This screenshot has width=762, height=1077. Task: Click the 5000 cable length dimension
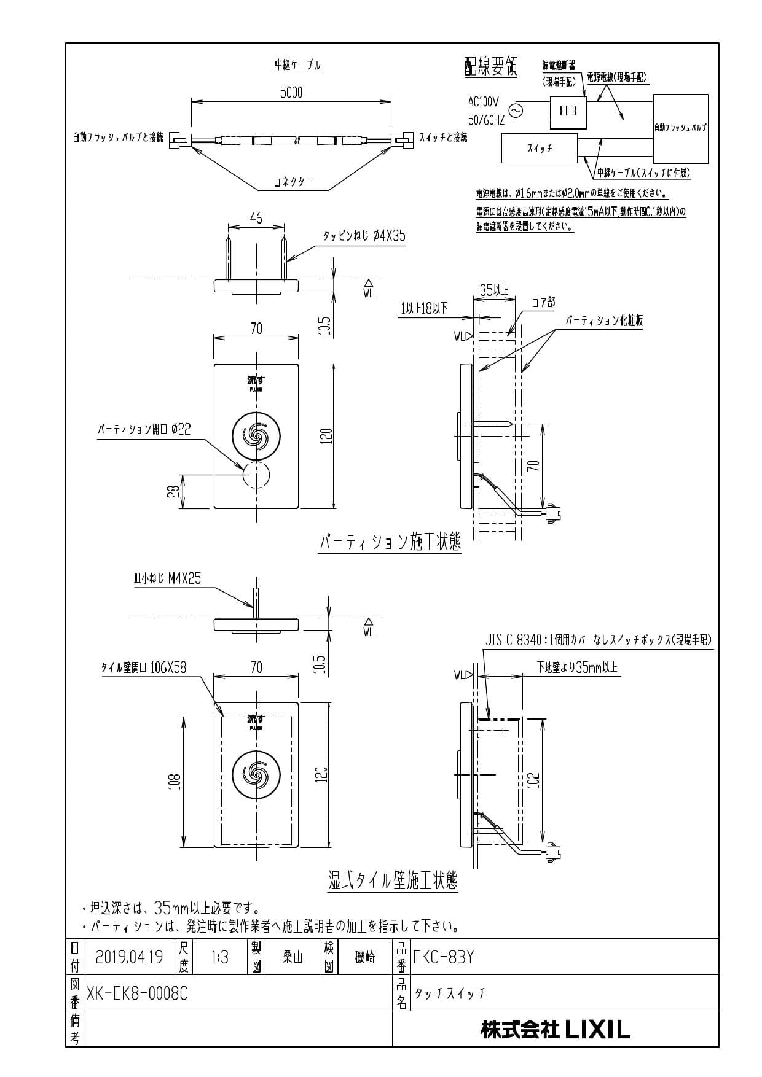291,93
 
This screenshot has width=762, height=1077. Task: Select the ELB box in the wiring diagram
568,112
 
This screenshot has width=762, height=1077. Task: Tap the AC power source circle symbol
514,111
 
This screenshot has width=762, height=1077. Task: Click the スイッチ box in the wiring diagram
540,149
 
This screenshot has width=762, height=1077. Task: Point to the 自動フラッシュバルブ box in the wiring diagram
680,128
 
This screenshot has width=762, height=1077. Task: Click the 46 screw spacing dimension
256,218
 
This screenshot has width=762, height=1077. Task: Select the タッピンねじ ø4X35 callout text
364,236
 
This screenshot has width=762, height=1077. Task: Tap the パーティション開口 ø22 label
144,429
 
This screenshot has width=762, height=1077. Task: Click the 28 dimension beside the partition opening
174,491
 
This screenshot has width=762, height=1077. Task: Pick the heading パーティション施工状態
390,543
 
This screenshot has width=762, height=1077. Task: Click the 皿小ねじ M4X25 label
167,578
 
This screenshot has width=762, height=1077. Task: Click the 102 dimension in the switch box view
534,780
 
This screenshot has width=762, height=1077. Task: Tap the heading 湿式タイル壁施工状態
393,882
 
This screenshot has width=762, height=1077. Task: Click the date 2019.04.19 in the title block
130,957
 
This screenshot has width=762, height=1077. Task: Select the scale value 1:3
219,957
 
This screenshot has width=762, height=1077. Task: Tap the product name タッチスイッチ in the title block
450,993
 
